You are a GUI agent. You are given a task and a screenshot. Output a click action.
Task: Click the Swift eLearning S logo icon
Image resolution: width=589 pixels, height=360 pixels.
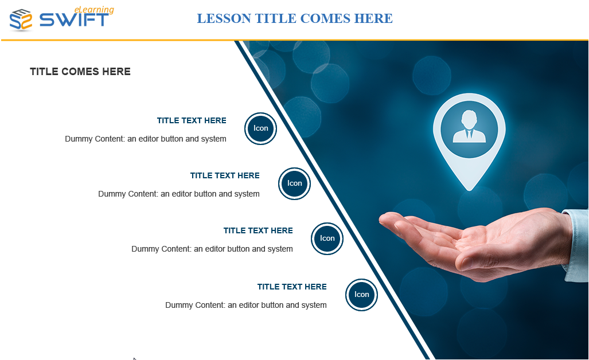pyautogui.click(x=21, y=19)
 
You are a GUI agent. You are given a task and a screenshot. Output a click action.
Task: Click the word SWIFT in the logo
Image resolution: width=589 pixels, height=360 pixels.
pyautogui.click(x=74, y=20)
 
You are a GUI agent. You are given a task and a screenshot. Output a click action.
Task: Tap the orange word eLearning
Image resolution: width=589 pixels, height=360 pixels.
pyautogui.click(x=94, y=10)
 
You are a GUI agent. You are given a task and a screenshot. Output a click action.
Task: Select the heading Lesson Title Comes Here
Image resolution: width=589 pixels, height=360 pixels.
pyautogui.click(x=295, y=18)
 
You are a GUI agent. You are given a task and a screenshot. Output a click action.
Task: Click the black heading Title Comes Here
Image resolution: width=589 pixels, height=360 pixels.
pyautogui.click(x=80, y=71)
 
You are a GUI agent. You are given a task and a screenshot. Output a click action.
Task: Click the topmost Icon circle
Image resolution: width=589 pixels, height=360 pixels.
pyautogui.click(x=261, y=128)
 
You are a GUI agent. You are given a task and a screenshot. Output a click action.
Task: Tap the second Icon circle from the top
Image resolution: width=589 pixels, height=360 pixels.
pyautogui.click(x=295, y=183)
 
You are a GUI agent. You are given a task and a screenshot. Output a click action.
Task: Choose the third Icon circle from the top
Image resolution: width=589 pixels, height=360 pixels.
pyautogui.click(x=327, y=238)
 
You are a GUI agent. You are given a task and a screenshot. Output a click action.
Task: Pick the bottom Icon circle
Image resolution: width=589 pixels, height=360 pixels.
pyautogui.click(x=361, y=295)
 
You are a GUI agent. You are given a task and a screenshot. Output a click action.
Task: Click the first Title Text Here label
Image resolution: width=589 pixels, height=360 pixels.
pyautogui.click(x=192, y=120)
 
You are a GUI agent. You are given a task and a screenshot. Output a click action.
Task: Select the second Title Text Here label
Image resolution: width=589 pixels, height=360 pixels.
pyautogui.click(x=225, y=175)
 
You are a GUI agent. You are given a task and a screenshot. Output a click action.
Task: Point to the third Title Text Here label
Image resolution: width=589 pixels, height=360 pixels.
pyautogui.click(x=258, y=230)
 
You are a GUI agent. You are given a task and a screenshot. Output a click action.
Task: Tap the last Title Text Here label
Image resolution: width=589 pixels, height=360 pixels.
pyautogui.click(x=292, y=287)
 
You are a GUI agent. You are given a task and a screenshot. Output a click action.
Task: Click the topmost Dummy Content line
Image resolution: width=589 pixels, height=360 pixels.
pyautogui.click(x=145, y=139)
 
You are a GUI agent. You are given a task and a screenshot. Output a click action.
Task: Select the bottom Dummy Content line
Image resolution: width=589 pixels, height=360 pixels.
pyautogui.click(x=245, y=305)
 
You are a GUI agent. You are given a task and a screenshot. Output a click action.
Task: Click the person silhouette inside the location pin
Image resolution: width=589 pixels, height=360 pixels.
pyautogui.click(x=469, y=127)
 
